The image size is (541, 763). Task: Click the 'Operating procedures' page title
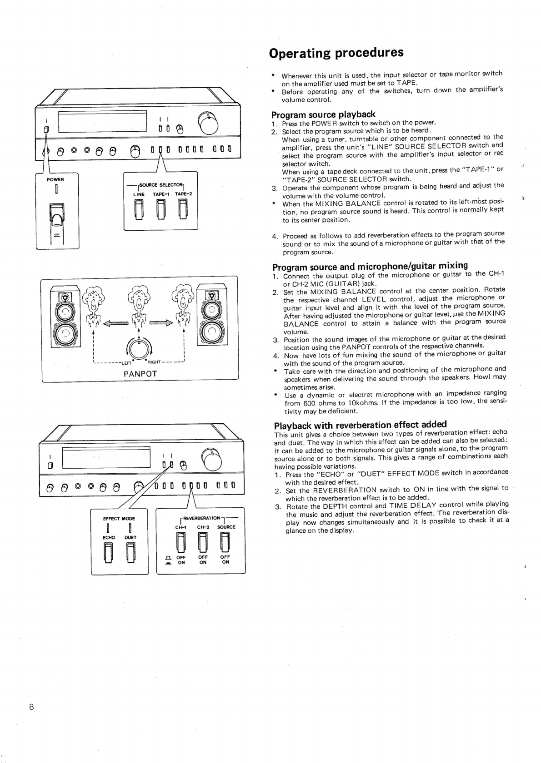pos(336,53)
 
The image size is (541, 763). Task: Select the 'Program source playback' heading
pos(323,114)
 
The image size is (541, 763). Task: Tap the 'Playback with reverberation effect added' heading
pos(361,425)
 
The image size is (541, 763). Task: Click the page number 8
pos(31,707)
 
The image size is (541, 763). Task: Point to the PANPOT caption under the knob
pos(140,374)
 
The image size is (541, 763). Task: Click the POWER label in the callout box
pos(55,179)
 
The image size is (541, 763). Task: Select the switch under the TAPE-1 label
pos(161,209)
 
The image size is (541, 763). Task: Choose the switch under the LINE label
pos(139,209)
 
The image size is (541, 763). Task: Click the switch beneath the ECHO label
pos(109,552)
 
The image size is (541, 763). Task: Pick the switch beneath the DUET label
pos(130,552)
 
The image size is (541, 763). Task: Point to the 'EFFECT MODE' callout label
pos(119,518)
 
